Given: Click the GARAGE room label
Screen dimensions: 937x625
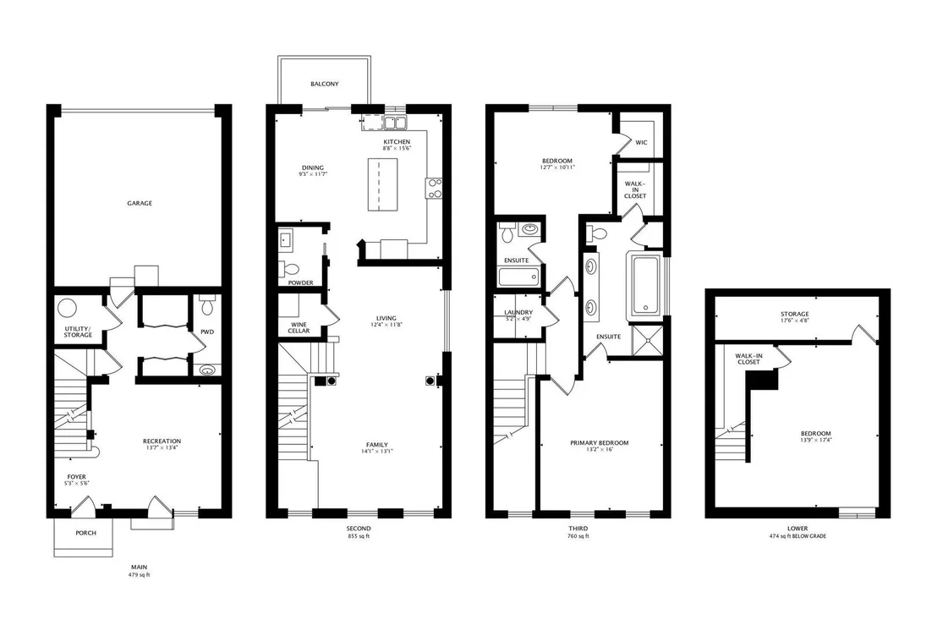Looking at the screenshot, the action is pyautogui.click(x=140, y=203).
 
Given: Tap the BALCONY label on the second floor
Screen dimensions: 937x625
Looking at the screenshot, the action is pyautogui.click(x=325, y=85).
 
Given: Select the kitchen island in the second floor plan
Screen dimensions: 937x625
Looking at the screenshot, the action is pyautogui.click(x=382, y=184).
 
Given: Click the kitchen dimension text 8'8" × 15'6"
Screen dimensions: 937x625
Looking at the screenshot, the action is pyautogui.click(x=397, y=148).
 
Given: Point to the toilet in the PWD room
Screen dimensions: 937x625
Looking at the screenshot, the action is pyautogui.click(x=206, y=304).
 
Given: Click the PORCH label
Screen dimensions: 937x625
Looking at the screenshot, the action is pyautogui.click(x=85, y=533).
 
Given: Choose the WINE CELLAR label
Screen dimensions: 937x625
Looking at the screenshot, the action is pyautogui.click(x=299, y=328).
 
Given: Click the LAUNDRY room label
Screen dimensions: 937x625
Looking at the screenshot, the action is pyautogui.click(x=518, y=313).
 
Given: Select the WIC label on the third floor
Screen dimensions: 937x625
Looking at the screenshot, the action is pyautogui.click(x=641, y=142).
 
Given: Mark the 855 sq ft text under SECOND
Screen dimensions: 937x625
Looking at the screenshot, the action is pyautogui.click(x=359, y=536).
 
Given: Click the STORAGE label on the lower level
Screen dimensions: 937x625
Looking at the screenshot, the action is pyautogui.click(x=794, y=315).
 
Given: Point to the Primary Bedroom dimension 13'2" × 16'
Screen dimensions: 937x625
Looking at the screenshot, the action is pyautogui.click(x=600, y=449).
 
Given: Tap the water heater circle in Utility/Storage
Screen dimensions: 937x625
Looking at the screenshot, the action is pyautogui.click(x=67, y=309).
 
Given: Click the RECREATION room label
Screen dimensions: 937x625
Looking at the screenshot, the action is pyautogui.click(x=162, y=441).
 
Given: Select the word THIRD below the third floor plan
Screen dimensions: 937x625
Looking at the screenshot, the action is pyautogui.click(x=578, y=529).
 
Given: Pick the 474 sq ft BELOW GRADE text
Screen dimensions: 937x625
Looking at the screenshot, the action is pyautogui.click(x=797, y=536).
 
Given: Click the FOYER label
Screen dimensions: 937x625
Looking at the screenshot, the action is pyautogui.click(x=76, y=477).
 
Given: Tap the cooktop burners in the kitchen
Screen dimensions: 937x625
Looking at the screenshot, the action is pyautogui.click(x=433, y=188).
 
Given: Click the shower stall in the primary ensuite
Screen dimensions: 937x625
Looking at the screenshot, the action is pyautogui.click(x=647, y=340).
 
